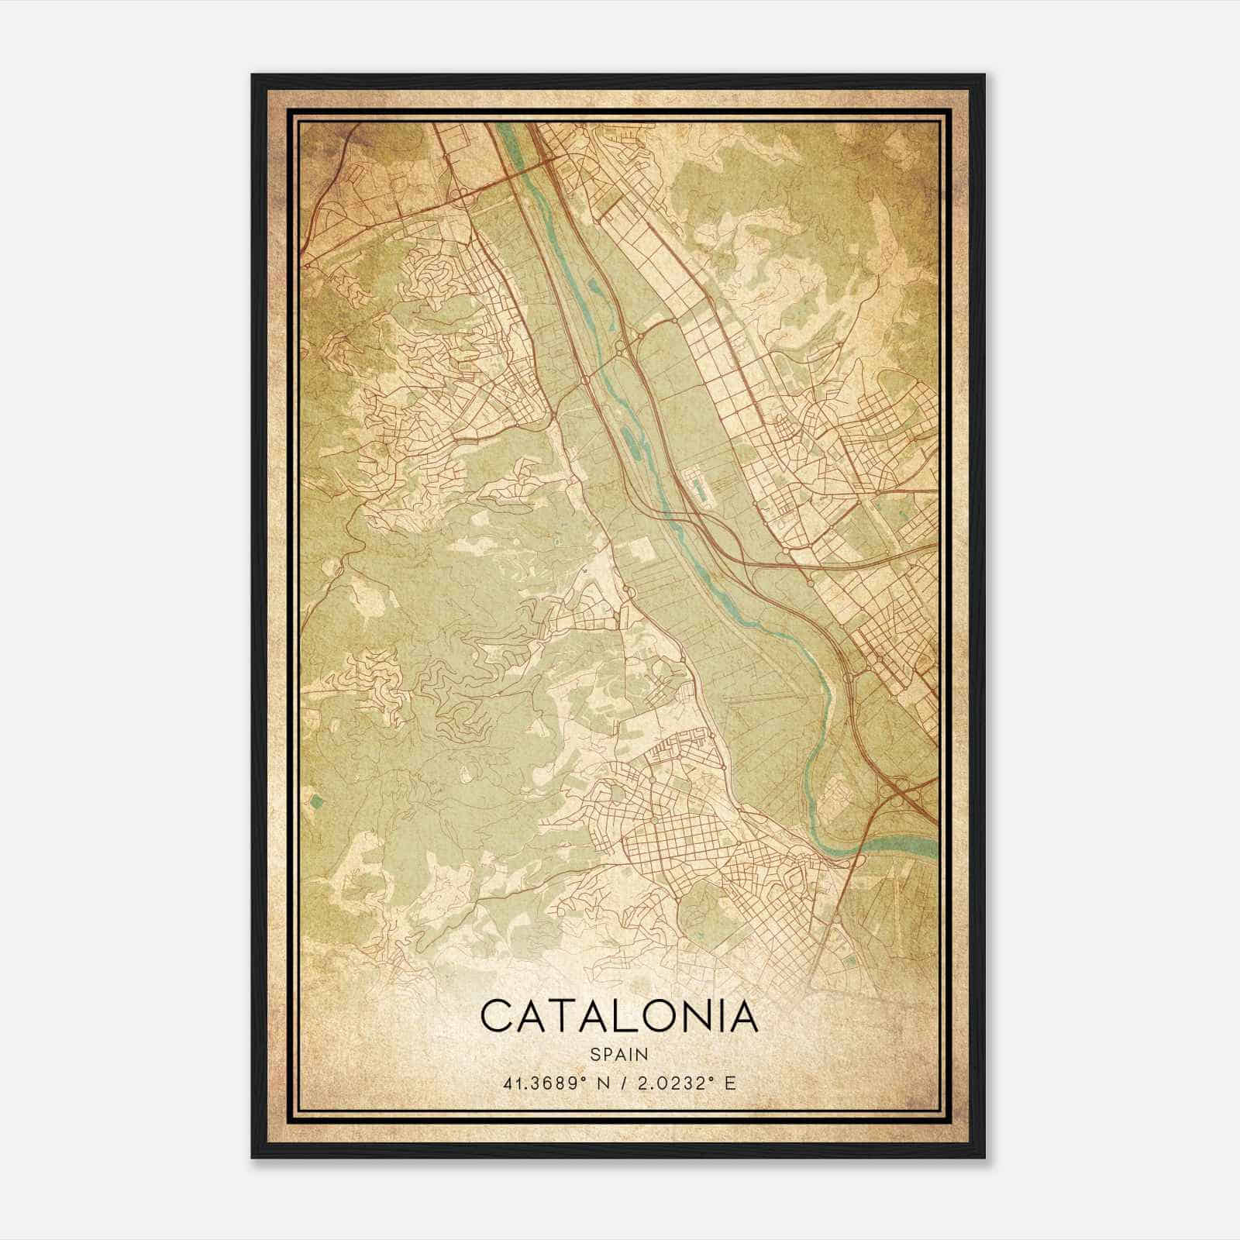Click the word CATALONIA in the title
(618, 1017)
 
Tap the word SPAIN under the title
(618, 1054)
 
